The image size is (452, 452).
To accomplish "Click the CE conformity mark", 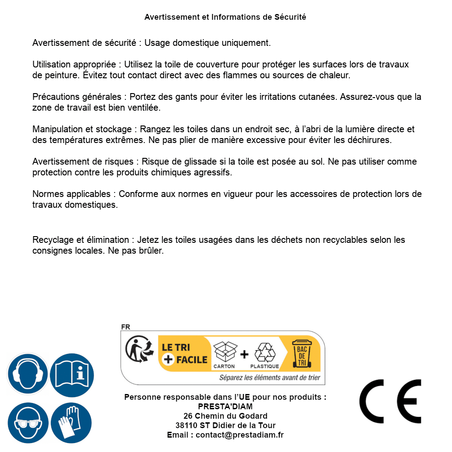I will coord(390,401).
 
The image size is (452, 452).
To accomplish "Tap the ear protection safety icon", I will coord(27,373).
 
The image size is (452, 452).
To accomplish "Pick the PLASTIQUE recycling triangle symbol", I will coord(264,352).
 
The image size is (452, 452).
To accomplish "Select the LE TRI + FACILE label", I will coord(184,353).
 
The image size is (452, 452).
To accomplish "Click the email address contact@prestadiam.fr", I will coord(240,435).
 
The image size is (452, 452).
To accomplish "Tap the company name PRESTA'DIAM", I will coord(225,407).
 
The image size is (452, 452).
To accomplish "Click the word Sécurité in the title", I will coord(290,17).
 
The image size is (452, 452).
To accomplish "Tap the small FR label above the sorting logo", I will coord(125,327).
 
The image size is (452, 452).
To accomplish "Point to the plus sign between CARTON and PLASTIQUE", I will coord(244,354).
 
